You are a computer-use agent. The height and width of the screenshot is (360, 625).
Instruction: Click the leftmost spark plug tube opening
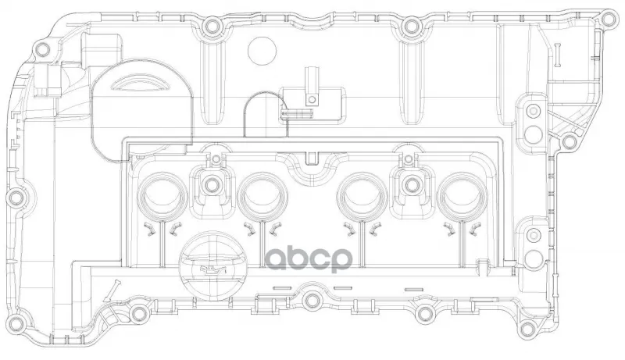(x=162, y=197)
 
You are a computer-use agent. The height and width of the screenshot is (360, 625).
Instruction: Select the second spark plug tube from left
(x=262, y=197)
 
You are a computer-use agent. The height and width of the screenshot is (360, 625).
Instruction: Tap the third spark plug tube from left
(x=362, y=197)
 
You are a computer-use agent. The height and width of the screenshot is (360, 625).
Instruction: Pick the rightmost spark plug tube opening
(x=462, y=197)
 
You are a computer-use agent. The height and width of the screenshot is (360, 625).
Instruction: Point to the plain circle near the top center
(x=262, y=51)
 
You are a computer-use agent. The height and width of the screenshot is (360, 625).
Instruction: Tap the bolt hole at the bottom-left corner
(x=15, y=322)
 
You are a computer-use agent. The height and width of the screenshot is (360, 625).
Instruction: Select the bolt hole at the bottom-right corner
(x=528, y=329)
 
